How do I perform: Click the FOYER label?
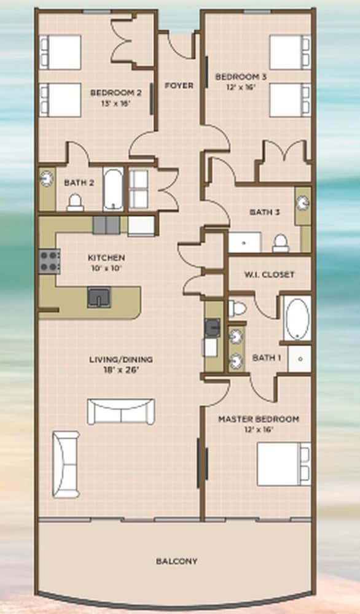(179, 85)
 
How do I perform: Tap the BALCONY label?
(177, 561)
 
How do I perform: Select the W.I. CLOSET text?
(270, 274)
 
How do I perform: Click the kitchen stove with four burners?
(50, 261)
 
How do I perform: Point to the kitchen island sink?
(99, 297)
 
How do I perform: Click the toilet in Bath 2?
(75, 203)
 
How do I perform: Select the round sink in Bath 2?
(47, 179)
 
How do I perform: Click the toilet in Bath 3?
(281, 243)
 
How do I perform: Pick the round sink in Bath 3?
(303, 203)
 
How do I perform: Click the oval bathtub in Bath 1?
(297, 318)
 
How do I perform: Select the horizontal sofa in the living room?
(121, 411)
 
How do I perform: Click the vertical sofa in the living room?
(66, 464)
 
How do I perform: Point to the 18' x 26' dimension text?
(121, 370)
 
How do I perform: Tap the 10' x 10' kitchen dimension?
(106, 268)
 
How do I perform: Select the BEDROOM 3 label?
(241, 77)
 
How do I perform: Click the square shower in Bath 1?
(300, 359)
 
